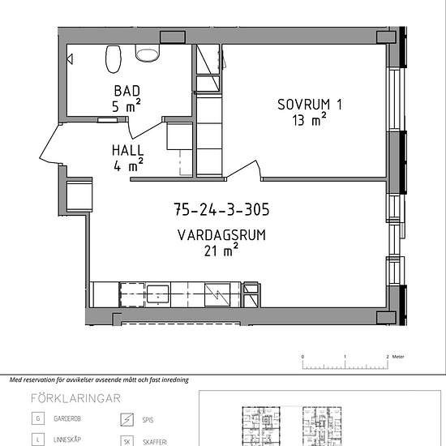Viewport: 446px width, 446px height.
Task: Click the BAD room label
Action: pyautogui.click(x=127, y=91)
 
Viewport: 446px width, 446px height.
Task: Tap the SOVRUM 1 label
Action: pyautogui.click(x=310, y=105)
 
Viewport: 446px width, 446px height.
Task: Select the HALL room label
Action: pyautogui.click(x=127, y=151)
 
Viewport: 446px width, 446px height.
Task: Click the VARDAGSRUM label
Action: pyautogui.click(x=221, y=235)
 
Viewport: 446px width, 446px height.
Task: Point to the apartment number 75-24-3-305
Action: pyautogui.click(x=221, y=209)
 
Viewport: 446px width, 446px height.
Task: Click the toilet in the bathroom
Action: pyautogui.click(x=114, y=59)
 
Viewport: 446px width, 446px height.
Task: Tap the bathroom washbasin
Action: pyautogui.click(x=148, y=53)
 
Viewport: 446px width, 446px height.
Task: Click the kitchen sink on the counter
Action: pyautogui.click(x=158, y=294)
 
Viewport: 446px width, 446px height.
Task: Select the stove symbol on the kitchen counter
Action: pyautogui.click(x=217, y=294)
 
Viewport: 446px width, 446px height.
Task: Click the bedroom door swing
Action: pyautogui.click(x=244, y=170)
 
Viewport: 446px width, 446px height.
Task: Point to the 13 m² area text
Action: pyautogui.click(x=309, y=119)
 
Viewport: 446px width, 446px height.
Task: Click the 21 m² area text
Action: pyautogui.click(x=221, y=251)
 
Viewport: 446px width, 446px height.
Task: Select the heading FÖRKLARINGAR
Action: pyautogui.click(x=75, y=398)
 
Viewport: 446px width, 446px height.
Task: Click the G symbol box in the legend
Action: pyautogui.click(x=38, y=418)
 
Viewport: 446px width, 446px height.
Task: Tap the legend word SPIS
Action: pyautogui.click(x=148, y=420)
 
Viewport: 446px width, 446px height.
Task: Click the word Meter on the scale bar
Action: pyautogui.click(x=398, y=357)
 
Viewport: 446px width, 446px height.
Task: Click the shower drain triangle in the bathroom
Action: pyautogui.click(x=70, y=59)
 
